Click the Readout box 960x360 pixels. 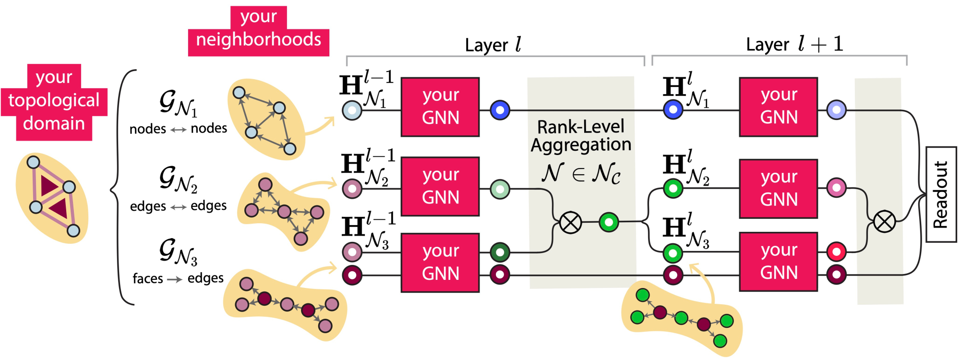tap(941, 194)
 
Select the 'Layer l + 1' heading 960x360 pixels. tap(794, 44)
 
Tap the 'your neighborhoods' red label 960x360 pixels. tap(259, 32)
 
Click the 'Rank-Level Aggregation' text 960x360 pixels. tap(581, 136)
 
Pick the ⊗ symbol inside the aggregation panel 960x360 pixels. tap(570, 223)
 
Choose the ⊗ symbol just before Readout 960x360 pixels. tap(884, 222)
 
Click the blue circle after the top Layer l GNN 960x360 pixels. tap(500, 110)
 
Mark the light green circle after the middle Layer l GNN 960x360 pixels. tap(500, 189)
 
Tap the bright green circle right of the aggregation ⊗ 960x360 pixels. tap(609, 222)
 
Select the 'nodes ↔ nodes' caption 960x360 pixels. tap(178, 129)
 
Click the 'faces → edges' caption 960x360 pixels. tap(178, 278)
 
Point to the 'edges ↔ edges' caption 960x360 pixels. tap(178, 206)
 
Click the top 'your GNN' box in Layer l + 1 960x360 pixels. tap(778, 107)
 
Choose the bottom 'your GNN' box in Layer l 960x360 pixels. tap(440, 263)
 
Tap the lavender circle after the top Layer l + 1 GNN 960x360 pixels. tap(836, 110)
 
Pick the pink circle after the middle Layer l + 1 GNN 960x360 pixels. tap(836, 188)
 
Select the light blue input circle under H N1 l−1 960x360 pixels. tap(352, 110)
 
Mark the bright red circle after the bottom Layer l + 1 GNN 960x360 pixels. tap(836, 251)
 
